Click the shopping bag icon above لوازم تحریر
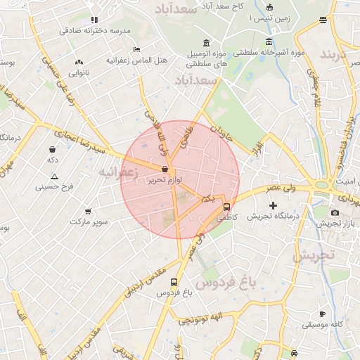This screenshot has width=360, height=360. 165,169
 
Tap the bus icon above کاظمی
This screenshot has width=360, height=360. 226,207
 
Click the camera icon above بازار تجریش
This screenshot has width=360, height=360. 335,212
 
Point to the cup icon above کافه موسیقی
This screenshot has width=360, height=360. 323,314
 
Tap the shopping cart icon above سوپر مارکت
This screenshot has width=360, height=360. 88,210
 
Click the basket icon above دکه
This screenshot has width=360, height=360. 53,149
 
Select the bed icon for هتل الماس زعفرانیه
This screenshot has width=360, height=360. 136,49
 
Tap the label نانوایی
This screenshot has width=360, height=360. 79,72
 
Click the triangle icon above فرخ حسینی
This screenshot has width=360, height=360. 54,176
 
